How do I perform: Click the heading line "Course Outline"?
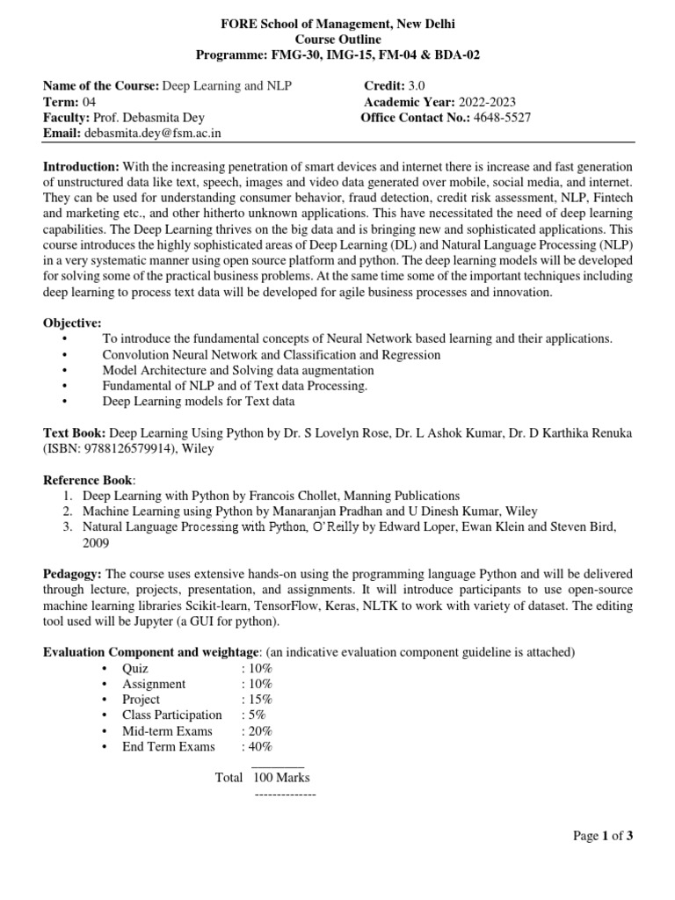[x=337, y=40]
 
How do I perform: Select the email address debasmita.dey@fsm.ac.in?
[x=153, y=133]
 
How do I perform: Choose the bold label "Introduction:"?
[x=82, y=166]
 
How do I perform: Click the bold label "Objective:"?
[x=72, y=323]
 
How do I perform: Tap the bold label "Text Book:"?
[x=75, y=433]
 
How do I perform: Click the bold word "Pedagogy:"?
[x=73, y=574]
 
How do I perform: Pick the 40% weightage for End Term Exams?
[x=258, y=746]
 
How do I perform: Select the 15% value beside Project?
[x=258, y=699]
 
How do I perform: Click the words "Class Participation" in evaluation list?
[x=172, y=715]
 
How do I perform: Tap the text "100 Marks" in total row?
[x=281, y=777]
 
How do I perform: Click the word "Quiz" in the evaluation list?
[x=136, y=667]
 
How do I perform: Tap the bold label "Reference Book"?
[x=88, y=481]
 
